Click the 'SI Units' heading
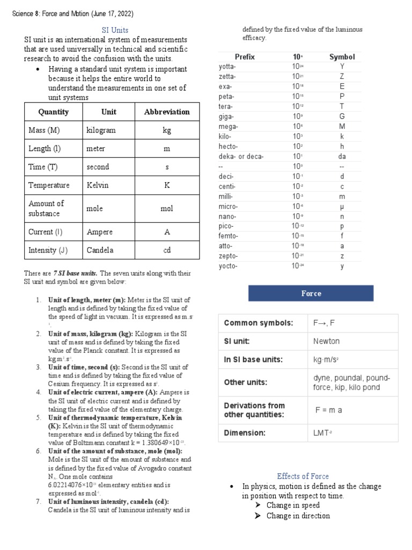click(x=115, y=30)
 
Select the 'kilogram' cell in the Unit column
click(x=101, y=130)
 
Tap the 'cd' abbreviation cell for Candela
click(x=167, y=250)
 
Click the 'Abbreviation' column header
click(x=167, y=112)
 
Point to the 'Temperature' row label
click(x=49, y=185)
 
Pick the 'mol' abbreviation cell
click(x=167, y=208)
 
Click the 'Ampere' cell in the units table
click(x=100, y=232)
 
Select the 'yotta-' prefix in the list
click(x=227, y=67)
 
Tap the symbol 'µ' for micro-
click(x=342, y=206)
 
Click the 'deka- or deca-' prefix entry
click(x=241, y=156)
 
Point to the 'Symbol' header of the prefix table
click(x=342, y=56)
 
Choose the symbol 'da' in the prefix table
click(x=342, y=156)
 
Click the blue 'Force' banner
click(x=311, y=293)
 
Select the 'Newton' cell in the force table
click(x=326, y=341)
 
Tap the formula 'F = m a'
click(x=328, y=410)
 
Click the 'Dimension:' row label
click(x=245, y=432)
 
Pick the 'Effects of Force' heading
click(x=303, y=476)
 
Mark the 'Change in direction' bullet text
click(x=298, y=516)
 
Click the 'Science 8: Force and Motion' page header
click(x=73, y=13)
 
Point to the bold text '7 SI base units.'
click(x=76, y=273)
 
